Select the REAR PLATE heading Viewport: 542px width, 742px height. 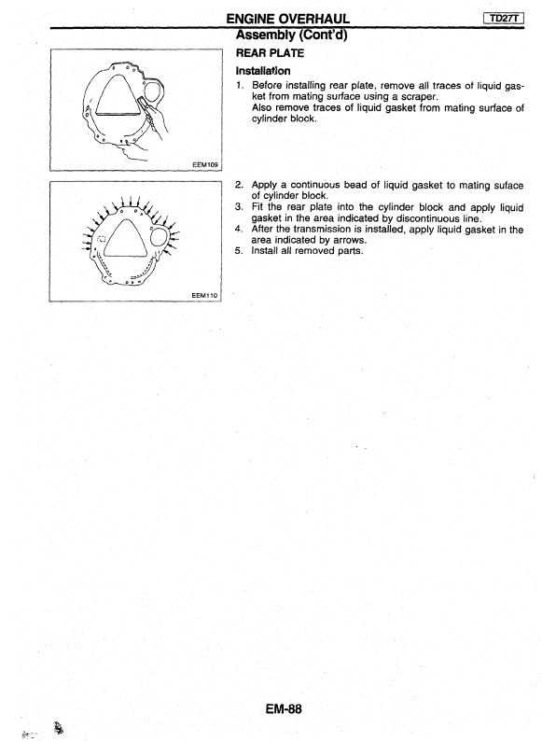click(270, 53)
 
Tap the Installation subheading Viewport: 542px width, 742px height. click(263, 71)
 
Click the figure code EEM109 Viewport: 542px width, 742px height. click(205, 164)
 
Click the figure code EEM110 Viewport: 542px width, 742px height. click(204, 295)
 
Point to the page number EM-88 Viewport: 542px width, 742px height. click(284, 709)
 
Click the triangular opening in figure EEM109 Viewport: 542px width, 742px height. click(118, 97)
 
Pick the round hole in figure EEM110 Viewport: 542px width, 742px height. click(160, 236)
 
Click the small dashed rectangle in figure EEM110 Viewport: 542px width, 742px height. click(101, 239)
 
